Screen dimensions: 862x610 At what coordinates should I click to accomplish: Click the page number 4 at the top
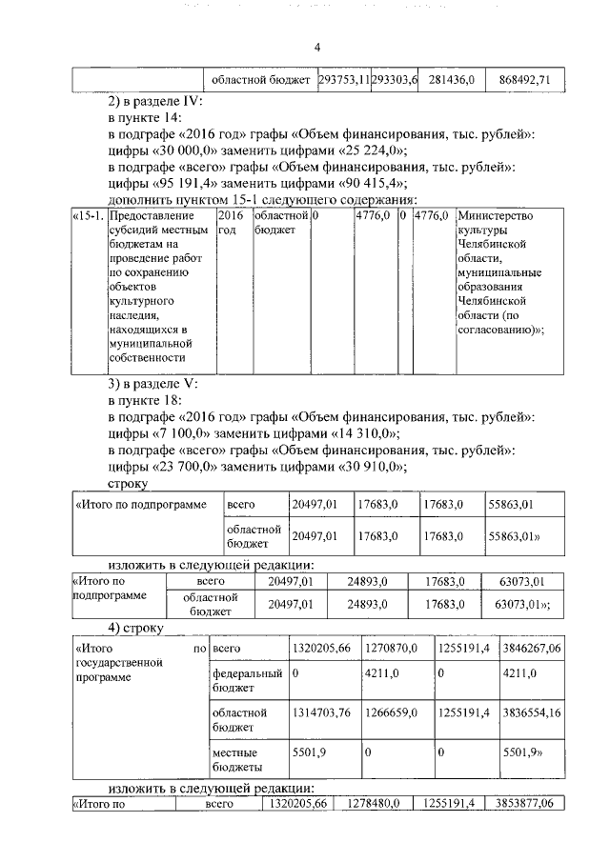[318, 49]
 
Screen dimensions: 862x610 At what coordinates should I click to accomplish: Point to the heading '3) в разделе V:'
[153, 384]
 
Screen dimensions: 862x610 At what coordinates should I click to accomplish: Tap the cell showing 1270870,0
[391, 649]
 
